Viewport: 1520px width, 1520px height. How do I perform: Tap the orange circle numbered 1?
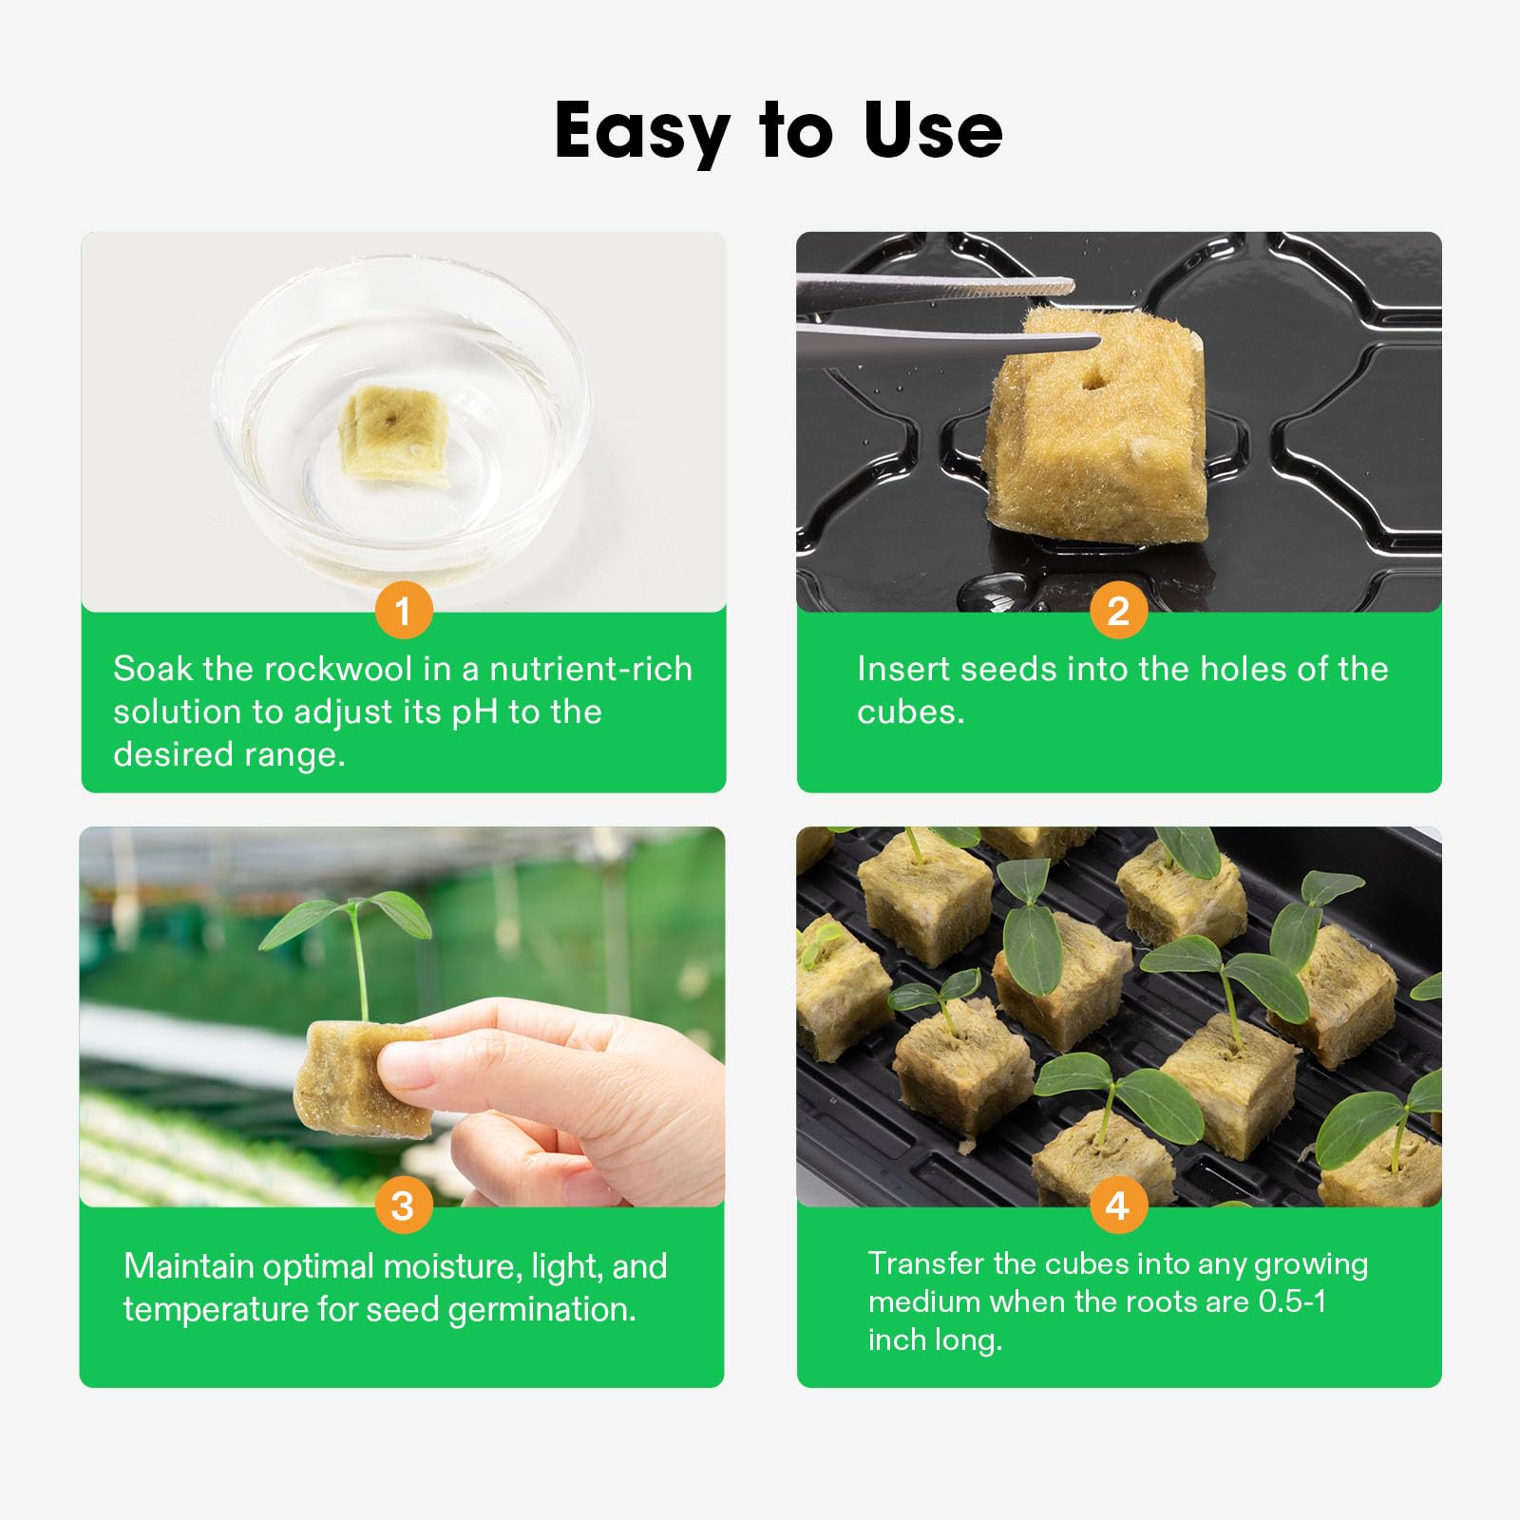click(404, 611)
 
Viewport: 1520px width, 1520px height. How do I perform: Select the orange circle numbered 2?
click(1118, 611)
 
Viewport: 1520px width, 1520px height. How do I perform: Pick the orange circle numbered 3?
click(403, 1206)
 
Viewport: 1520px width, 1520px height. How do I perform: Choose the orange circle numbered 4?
click(1118, 1206)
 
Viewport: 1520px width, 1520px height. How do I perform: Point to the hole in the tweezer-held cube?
click(1093, 380)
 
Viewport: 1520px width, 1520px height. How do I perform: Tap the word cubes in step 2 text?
click(910, 712)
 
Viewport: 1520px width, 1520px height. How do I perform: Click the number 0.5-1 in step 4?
click(1292, 1301)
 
